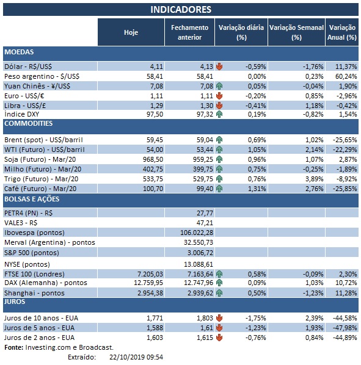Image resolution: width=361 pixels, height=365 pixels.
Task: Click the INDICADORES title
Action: pyautogui.click(x=181, y=9)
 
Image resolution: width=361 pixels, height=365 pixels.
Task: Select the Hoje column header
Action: pyautogui.click(x=131, y=32)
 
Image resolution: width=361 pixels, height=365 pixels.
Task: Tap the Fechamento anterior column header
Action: pyautogui.click(x=189, y=32)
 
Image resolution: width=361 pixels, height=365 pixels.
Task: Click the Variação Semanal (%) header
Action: pyautogui.click(x=296, y=32)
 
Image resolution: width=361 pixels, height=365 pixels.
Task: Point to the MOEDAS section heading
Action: pyautogui.click(x=19, y=52)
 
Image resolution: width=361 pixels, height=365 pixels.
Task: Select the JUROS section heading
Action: pyautogui.click(x=16, y=302)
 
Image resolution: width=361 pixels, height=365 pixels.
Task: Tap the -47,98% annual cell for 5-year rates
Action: pyautogui.click(x=343, y=328)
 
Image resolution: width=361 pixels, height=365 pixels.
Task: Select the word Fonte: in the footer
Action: pyautogui.click(x=15, y=347)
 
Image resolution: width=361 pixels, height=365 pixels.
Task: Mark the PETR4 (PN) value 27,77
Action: pyautogui.click(x=203, y=213)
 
